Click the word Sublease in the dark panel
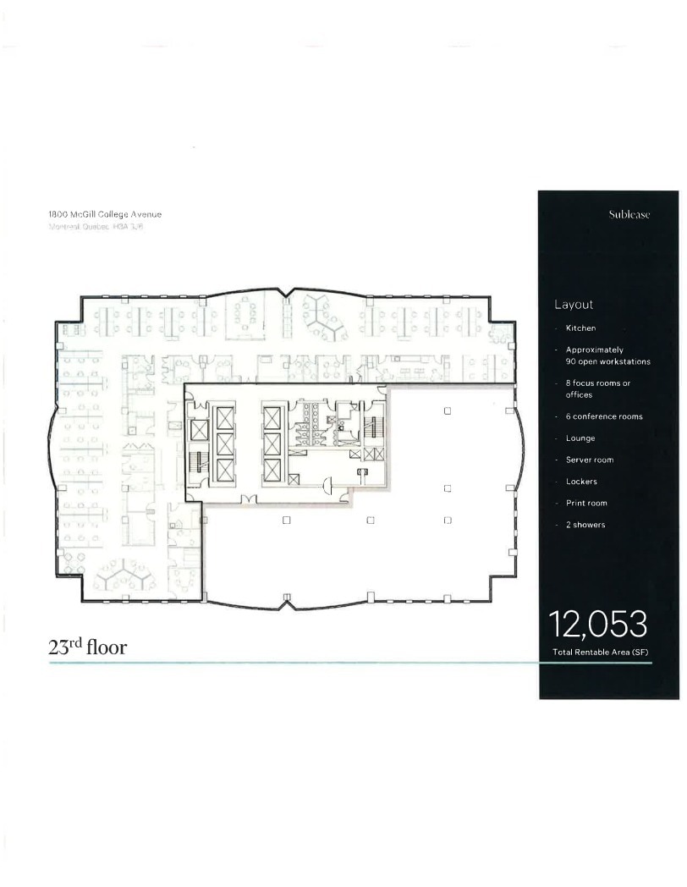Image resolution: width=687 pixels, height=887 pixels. [x=629, y=215]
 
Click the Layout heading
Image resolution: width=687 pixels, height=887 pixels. [x=574, y=305]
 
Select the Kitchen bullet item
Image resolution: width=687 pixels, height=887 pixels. [x=580, y=328]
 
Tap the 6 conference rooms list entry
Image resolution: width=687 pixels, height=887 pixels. [x=604, y=416]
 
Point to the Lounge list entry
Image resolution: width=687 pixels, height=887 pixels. [x=580, y=438]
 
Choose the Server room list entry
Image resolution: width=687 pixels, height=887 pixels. [x=590, y=460]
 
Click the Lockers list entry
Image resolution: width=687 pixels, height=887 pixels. [x=581, y=482]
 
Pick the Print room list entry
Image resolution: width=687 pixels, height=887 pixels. [x=586, y=503]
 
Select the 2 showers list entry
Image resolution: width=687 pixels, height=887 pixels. [x=585, y=525]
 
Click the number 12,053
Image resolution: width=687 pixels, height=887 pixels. [x=598, y=625]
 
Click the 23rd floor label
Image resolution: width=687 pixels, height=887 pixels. [x=87, y=648]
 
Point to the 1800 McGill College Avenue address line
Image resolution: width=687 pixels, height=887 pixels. [x=104, y=214]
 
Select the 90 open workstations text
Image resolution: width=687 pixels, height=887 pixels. [x=607, y=361]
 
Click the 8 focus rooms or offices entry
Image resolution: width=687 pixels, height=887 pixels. [x=597, y=388]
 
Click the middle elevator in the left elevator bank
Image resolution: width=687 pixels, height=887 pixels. [x=225, y=443]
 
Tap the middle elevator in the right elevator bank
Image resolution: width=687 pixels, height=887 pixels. [x=272, y=443]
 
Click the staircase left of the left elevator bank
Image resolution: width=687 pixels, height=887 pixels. [x=197, y=462]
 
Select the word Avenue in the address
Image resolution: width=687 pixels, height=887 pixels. [x=145, y=214]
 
